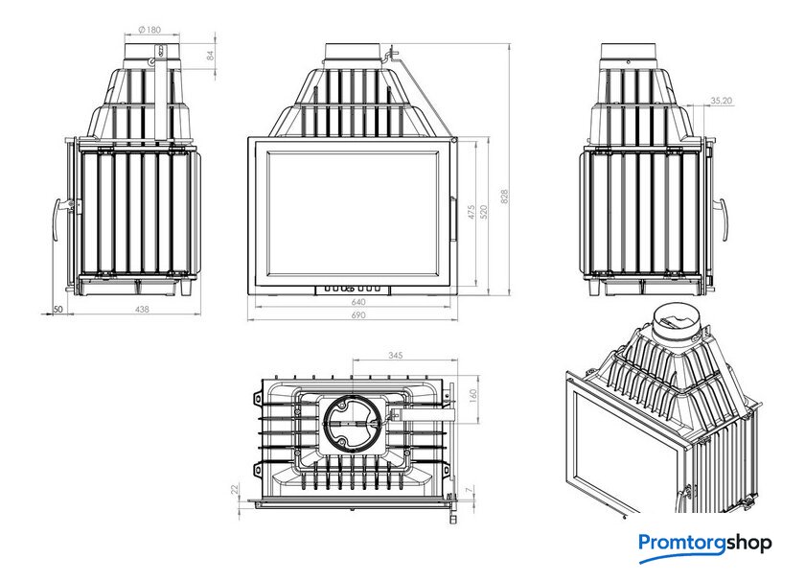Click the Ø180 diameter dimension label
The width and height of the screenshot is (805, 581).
pyautogui.click(x=149, y=30)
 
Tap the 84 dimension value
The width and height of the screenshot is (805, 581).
pyautogui.click(x=211, y=56)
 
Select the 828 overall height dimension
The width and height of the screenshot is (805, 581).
pyautogui.click(x=504, y=198)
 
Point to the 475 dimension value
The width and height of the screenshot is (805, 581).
pyautogui.click(x=471, y=212)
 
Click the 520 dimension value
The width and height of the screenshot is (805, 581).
pyautogui.click(x=484, y=212)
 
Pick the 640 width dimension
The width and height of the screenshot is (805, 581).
pyautogui.click(x=358, y=302)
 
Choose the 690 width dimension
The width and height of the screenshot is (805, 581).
pyautogui.click(x=358, y=314)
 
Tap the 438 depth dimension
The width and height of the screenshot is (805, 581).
pyautogui.click(x=142, y=310)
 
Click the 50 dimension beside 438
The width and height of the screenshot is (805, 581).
pyautogui.click(x=58, y=310)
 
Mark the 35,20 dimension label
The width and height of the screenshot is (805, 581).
pyautogui.click(x=722, y=101)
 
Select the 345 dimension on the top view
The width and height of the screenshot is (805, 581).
pyautogui.click(x=395, y=355)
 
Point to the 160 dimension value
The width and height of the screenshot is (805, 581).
pyautogui.click(x=473, y=396)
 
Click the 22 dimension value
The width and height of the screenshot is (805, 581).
pyautogui.click(x=235, y=490)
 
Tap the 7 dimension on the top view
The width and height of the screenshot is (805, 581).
pyautogui.click(x=469, y=490)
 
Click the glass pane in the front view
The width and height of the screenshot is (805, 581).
pyautogui.click(x=354, y=213)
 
